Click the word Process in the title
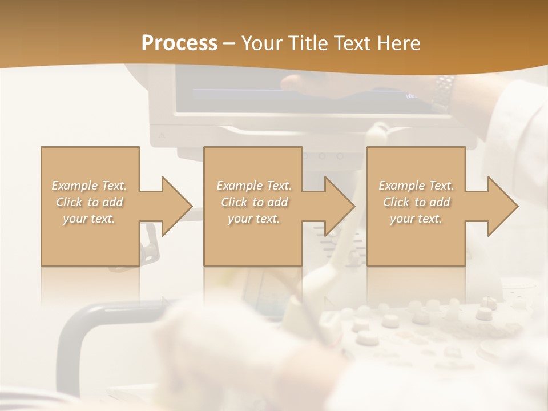[x=179, y=43]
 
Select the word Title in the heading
[x=308, y=43]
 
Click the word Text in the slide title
[x=351, y=43]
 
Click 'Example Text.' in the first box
[x=90, y=186]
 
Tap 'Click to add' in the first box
[x=90, y=202]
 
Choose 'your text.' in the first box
[x=90, y=219]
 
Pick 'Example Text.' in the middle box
[x=254, y=186]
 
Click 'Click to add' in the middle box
[x=254, y=202]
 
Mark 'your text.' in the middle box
[x=254, y=219]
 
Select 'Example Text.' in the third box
[x=416, y=186]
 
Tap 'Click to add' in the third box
[x=416, y=202]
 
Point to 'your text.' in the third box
[x=416, y=219]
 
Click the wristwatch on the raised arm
[x=443, y=91]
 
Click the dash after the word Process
[x=229, y=45]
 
